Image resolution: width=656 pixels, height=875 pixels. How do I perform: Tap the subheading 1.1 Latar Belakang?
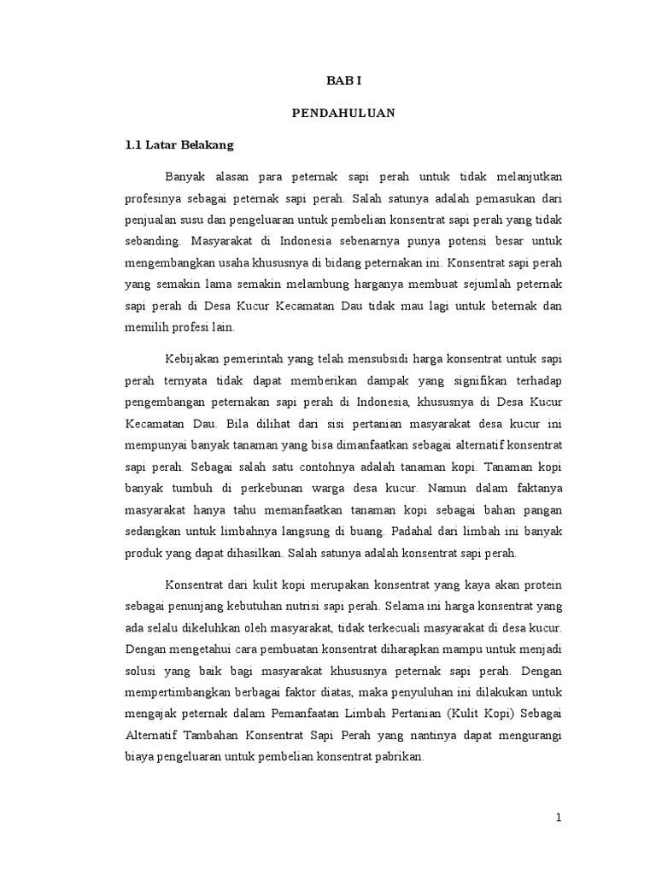[179, 145]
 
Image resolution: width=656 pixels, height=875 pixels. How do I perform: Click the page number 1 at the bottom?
[559, 818]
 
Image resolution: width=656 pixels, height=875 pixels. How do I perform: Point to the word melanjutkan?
[525, 176]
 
